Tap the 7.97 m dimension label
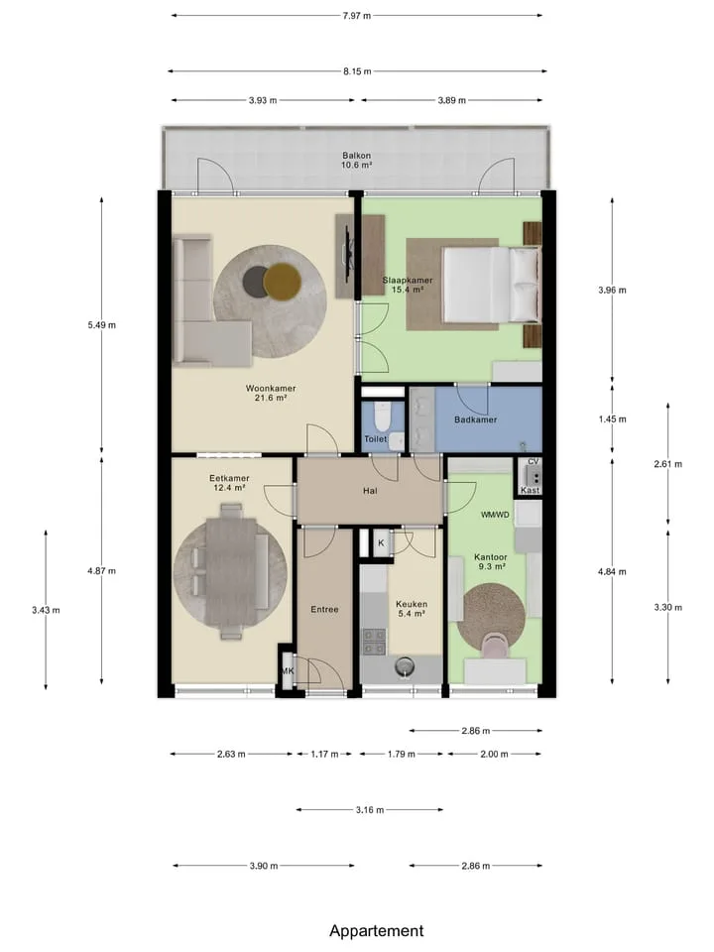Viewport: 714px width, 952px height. click(x=356, y=16)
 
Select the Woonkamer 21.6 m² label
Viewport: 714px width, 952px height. click(x=271, y=393)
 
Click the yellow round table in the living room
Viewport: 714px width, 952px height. click(x=283, y=281)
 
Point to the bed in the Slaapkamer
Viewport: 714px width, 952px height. click(x=491, y=285)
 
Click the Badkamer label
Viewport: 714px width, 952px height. click(x=475, y=419)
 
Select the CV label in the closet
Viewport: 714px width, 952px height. click(x=534, y=461)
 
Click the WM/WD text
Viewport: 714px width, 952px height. click(x=495, y=515)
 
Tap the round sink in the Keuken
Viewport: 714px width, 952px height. click(x=404, y=667)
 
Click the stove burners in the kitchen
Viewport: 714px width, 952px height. click(x=374, y=643)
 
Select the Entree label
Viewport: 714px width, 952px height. click(x=325, y=609)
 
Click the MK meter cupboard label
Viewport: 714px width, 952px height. click(x=288, y=671)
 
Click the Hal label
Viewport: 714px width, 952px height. click(x=370, y=491)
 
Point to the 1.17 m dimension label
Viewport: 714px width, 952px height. click(x=325, y=754)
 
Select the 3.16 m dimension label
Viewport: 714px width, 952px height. click(x=370, y=810)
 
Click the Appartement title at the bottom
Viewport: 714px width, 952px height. click(x=377, y=931)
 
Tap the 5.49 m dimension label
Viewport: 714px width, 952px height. click(x=101, y=325)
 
